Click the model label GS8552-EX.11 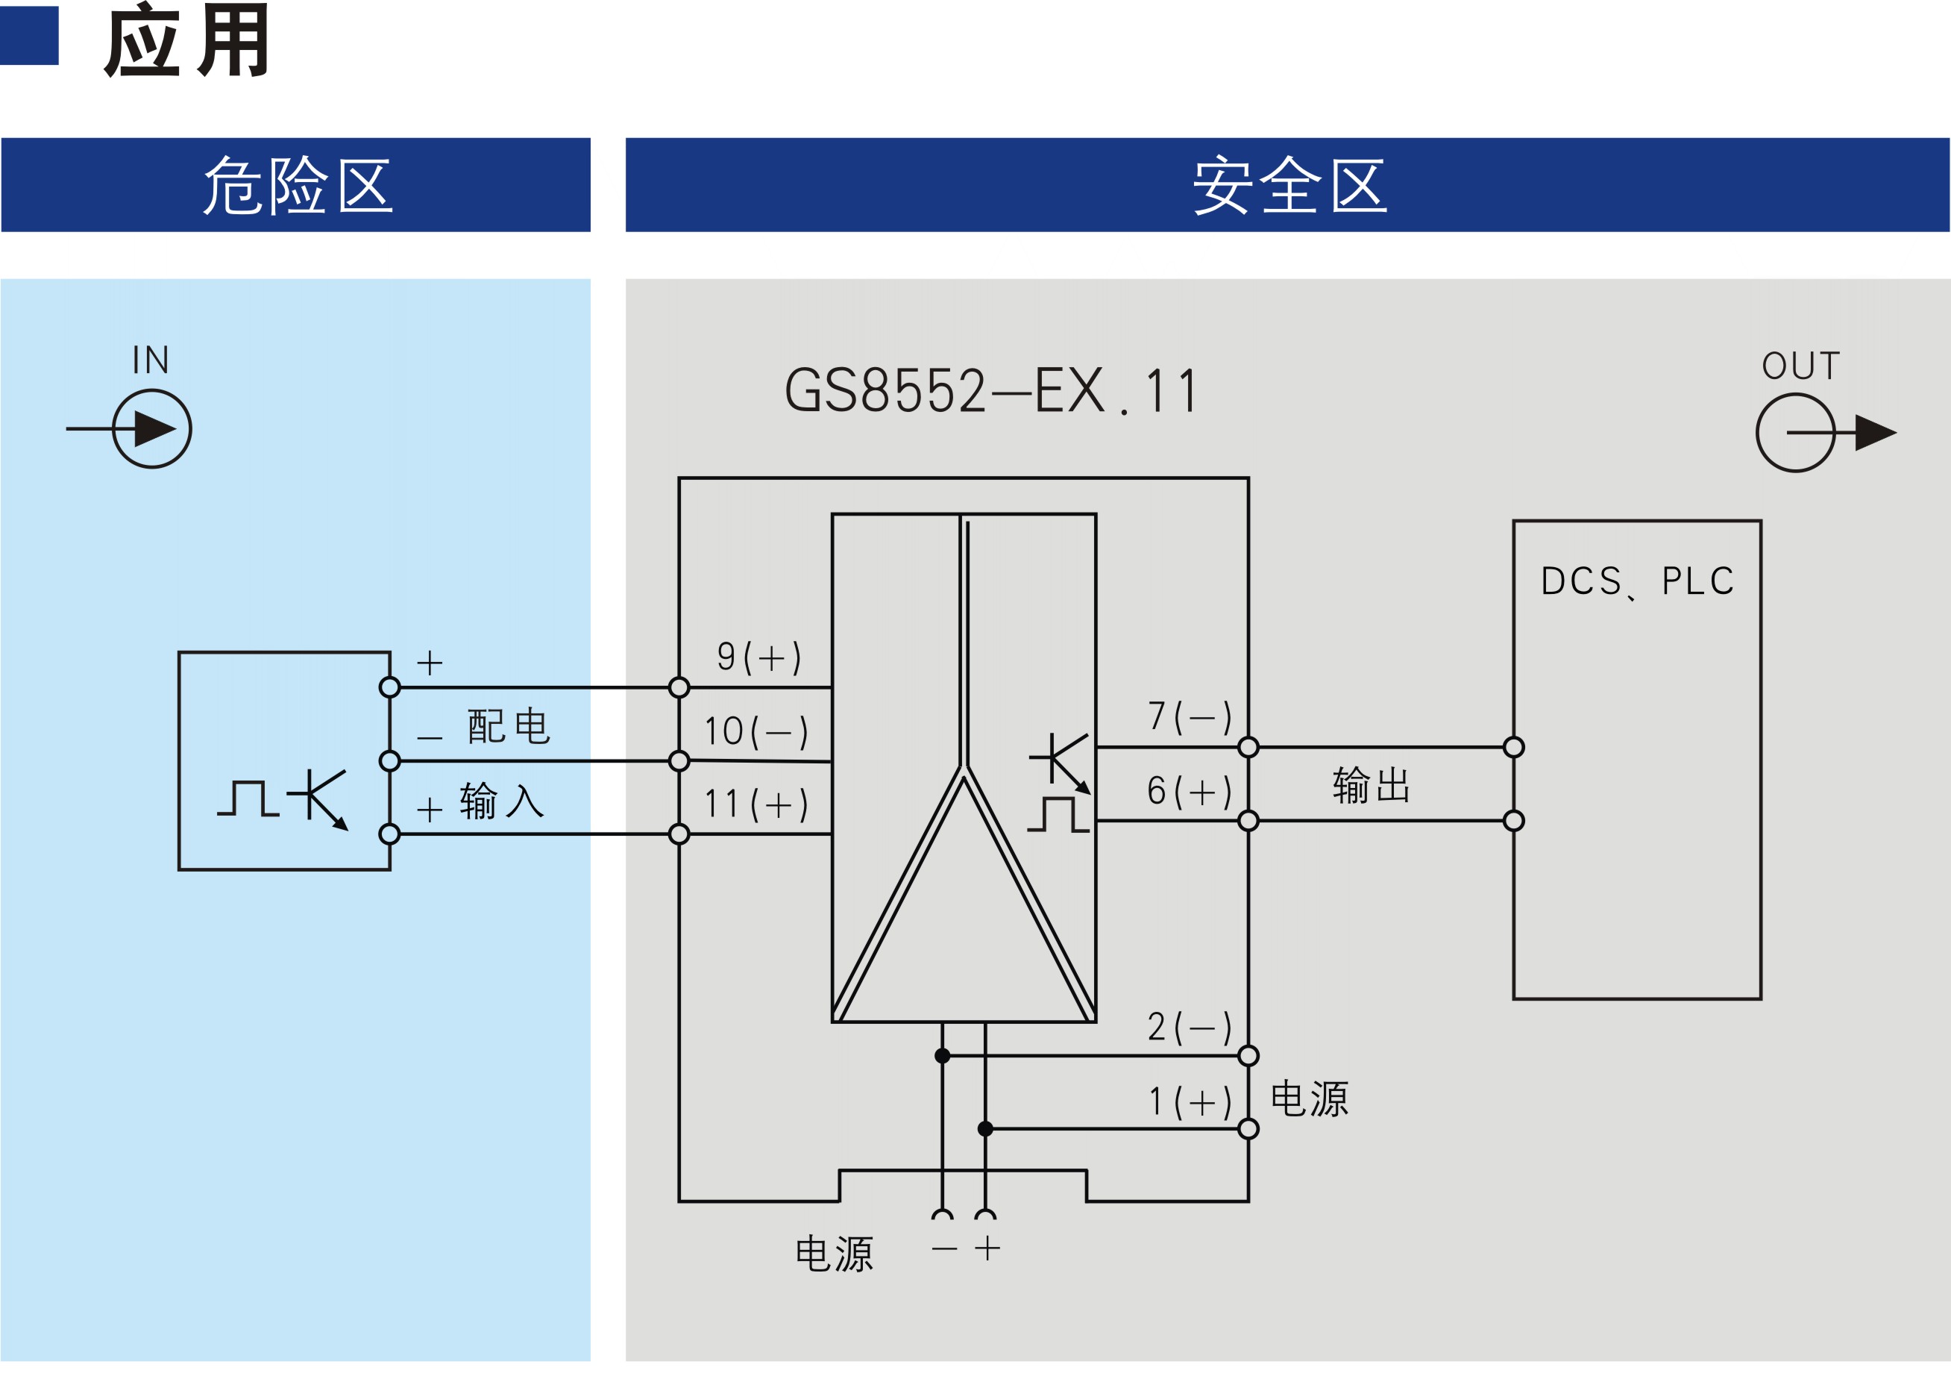(x=991, y=390)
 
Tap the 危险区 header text (x=298, y=185)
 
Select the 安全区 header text (x=1289, y=185)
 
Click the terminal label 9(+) (x=758, y=657)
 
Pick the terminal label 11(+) (x=756, y=805)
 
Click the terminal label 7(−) (x=1189, y=716)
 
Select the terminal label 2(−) (x=1189, y=1028)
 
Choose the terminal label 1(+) (x=1189, y=1102)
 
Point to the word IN (x=151, y=360)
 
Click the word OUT (x=1801, y=366)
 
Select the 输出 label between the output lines (x=1372, y=784)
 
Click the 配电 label (x=509, y=726)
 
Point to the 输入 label (x=502, y=801)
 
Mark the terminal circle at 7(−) (x=1248, y=747)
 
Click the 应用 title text (x=186, y=40)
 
